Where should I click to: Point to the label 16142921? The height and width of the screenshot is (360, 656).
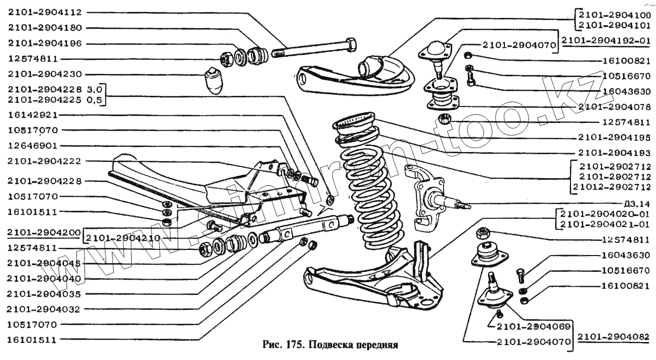32,115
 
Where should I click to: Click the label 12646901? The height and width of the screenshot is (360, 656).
32,146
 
